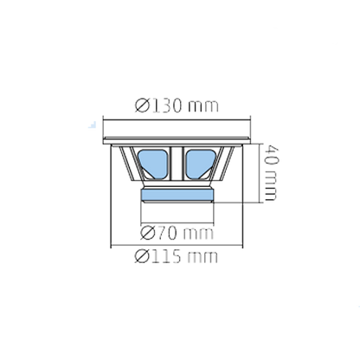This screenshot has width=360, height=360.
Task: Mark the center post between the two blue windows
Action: click(179, 163)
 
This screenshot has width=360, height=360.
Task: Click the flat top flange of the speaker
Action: click(179, 141)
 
